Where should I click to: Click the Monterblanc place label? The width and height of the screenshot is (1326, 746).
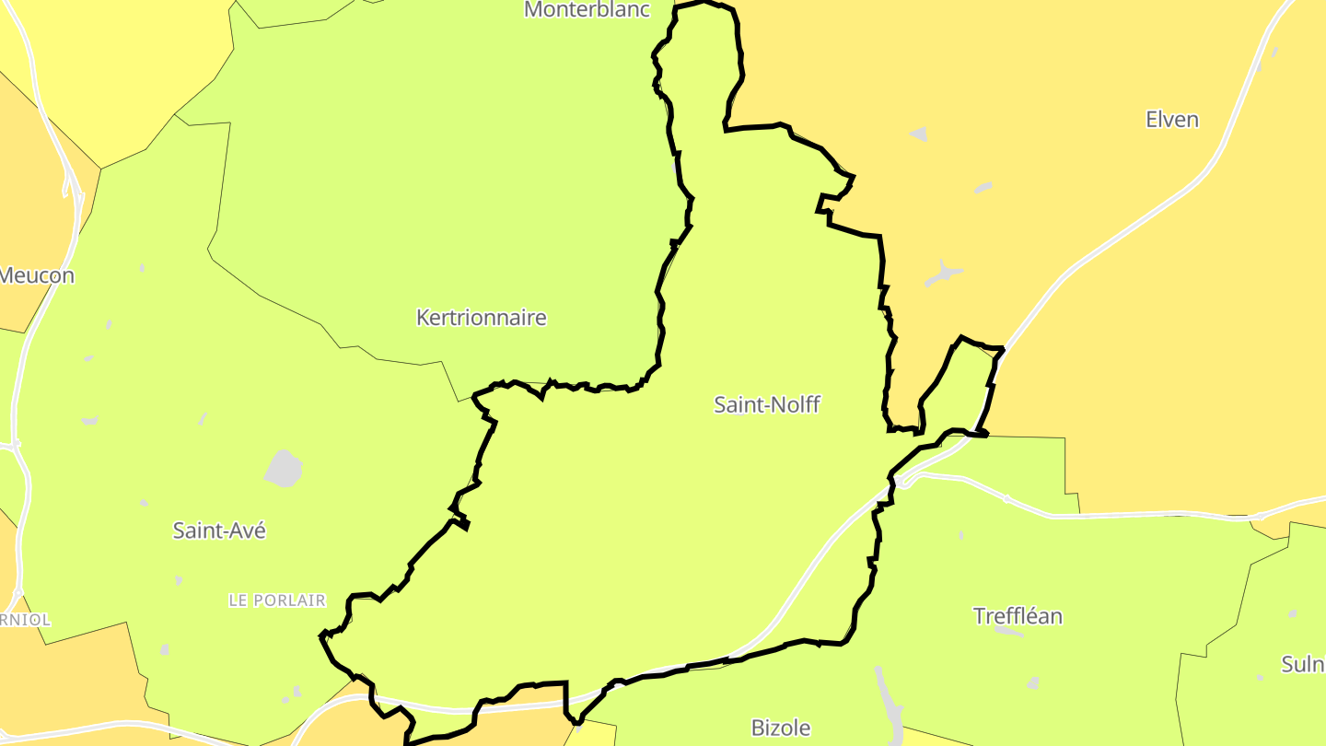[587, 10]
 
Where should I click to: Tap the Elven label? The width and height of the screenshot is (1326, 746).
[1171, 120]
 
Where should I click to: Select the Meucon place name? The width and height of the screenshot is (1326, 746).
[37, 275]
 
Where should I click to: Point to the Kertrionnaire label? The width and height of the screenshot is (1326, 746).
[481, 318]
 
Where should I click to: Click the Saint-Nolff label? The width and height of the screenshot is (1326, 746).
[766, 404]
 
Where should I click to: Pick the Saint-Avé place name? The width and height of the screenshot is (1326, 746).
[219, 530]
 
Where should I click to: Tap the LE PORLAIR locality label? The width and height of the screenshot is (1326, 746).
[277, 600]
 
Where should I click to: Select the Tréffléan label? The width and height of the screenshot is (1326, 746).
[1018, 616]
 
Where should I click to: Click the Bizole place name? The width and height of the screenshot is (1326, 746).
[781, 728]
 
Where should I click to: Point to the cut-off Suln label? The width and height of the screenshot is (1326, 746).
[1303, 664]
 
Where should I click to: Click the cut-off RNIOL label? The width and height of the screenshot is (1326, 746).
[25, 620]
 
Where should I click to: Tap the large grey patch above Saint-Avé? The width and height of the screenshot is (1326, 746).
[284, 469]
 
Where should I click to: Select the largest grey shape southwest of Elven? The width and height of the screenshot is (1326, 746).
[944, 274]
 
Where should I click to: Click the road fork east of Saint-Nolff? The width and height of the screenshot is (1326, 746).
[907, 479]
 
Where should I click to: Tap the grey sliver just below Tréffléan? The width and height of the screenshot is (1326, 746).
[1010, 632]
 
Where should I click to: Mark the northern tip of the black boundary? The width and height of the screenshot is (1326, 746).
[705, 3]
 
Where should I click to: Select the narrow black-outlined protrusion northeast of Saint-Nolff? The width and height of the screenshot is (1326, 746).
[958, 378]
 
